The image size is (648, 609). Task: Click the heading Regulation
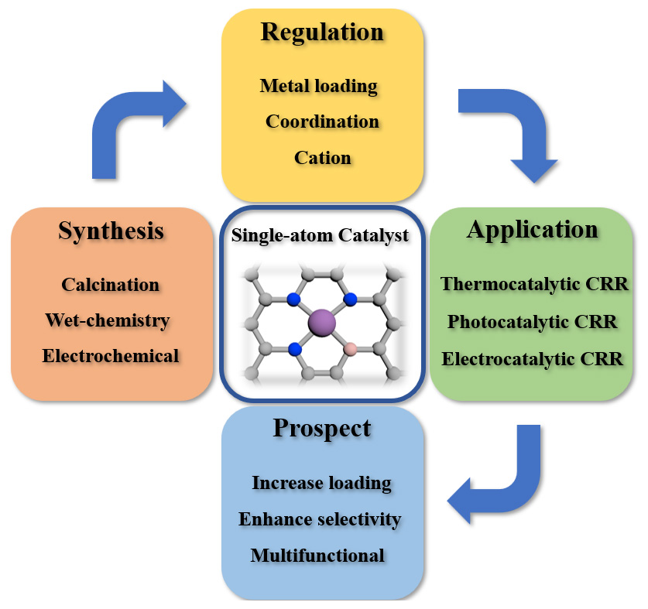click(322, 33)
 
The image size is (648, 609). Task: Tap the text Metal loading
click(318, 85)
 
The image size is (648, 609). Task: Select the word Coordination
click(322, 121)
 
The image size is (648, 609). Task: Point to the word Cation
click(322, 157)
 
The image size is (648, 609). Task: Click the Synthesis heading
click(111, 231)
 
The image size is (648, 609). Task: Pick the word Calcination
click(111, 284)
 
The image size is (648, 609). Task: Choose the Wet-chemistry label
click(108, 320)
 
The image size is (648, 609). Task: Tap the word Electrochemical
click(111, 356)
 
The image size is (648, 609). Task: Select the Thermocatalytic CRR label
click(534, 284)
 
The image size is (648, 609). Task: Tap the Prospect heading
click(321, 429)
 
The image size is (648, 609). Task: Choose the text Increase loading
click(321, 483)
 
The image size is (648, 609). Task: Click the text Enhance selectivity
click(320, 518)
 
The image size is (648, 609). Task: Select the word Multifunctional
click(317, 555)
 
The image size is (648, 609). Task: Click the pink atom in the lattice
click(350, 349)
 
